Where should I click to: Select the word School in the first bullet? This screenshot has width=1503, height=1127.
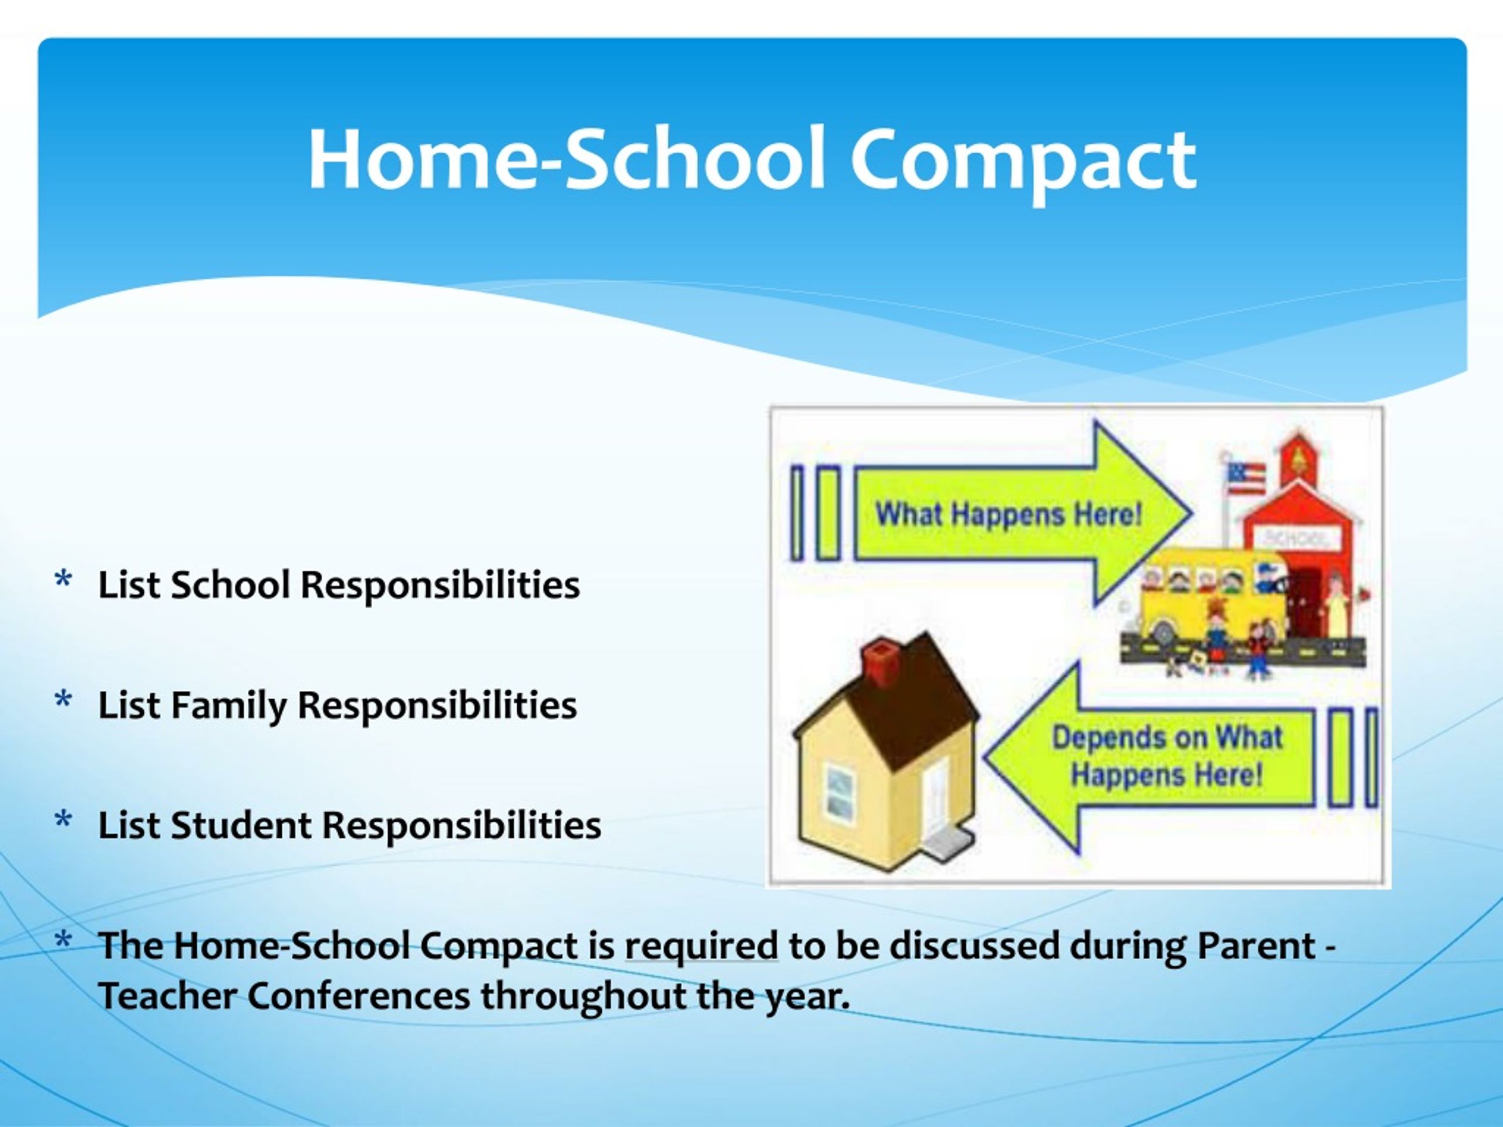(x=230, y=584)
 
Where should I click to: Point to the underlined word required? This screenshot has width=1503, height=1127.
(x=701, y=947)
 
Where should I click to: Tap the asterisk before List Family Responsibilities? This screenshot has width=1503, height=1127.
(x=63, y=700)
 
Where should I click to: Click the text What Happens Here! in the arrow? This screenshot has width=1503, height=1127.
(x=1008, y=514)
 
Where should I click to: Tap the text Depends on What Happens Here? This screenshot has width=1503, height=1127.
(x=1167, y=755)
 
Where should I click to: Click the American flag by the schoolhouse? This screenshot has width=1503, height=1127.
(x=1247, y=478)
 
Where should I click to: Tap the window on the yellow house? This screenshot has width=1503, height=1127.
(x=838, y=791)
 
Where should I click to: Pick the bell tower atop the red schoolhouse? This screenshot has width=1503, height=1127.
(x=1300, y=457)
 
